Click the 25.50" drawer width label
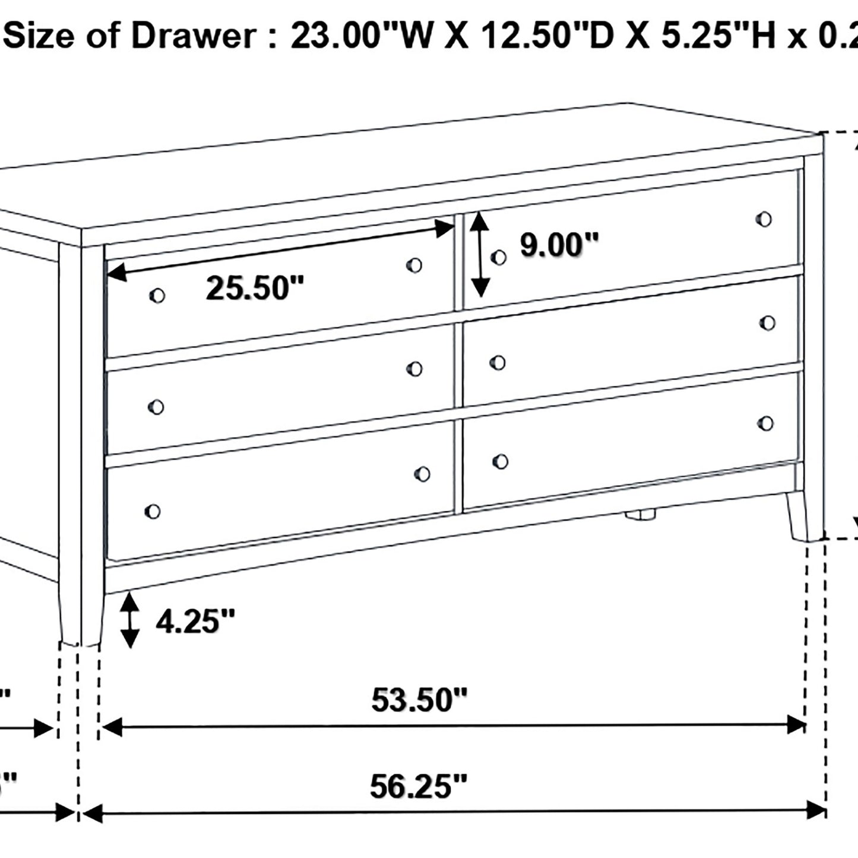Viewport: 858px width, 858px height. [255, 289]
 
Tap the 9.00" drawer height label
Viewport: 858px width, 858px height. [559, 245]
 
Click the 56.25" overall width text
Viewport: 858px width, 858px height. [419, 787]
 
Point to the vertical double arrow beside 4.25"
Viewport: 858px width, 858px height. [129, 621]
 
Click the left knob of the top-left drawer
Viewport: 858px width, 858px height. [157, 295]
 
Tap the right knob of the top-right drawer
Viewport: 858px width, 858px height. [764, 219]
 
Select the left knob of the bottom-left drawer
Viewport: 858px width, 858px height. [152, 511]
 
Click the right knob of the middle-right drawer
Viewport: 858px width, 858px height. [767, 323]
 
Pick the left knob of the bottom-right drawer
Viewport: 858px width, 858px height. [500, 461]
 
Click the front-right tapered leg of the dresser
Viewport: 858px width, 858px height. [798, 517]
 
